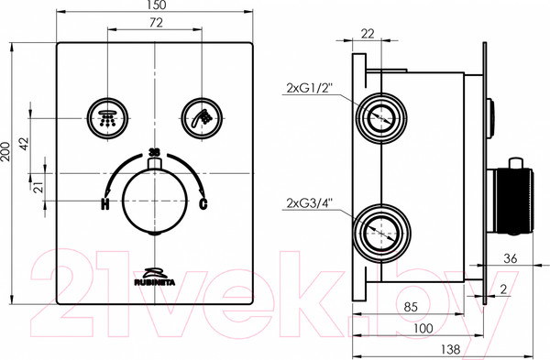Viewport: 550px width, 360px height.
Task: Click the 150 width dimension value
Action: [x=155, y=5]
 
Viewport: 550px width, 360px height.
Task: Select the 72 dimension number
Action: [x=156, y=23]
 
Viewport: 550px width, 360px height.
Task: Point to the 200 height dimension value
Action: [x=5, y=151]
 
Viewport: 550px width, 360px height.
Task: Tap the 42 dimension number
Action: [x=25, y=144]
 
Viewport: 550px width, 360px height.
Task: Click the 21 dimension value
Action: [x=40, y=187]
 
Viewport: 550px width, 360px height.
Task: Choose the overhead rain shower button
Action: [x=107, y=118]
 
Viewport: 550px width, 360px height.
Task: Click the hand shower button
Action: [x=202, y=118]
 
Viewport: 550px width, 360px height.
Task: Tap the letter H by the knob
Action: [x=104, y=203]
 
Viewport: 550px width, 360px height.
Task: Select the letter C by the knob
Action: [x=203, y=203]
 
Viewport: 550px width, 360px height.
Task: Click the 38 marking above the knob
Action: [x=154, y=152]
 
